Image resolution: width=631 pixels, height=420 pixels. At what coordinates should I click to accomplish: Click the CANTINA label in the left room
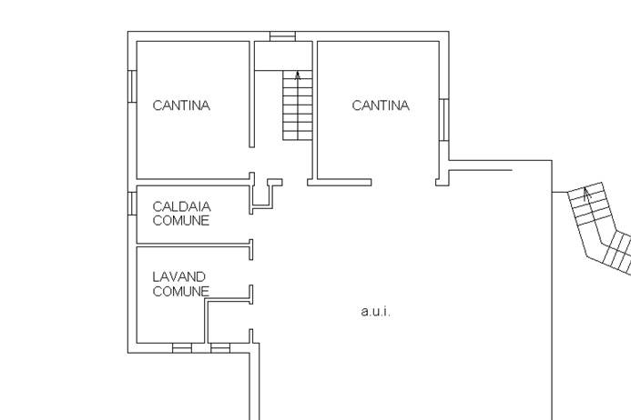click(x=181, y=105)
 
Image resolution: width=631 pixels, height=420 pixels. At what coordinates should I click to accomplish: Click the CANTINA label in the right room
click(x=381, y=105)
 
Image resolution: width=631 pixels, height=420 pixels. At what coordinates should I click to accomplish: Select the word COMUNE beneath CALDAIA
click(x=180, y=220)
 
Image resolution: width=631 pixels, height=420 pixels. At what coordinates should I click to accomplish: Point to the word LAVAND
click(x=178, y=276)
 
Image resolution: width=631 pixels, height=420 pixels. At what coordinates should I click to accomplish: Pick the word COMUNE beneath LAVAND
click(x=180, y=291)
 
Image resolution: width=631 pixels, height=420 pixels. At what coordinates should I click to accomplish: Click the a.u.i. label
click(x=375, y=312)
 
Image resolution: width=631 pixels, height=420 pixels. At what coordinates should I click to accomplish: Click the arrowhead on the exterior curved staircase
click(x=587, y=194)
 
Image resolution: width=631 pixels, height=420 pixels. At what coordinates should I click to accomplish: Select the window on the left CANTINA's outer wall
click(x=132, y=86)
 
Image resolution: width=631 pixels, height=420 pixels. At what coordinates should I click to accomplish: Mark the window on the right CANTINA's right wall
click(x=443, y=119)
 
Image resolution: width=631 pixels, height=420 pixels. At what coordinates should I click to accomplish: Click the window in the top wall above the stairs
click(x=282, y=36)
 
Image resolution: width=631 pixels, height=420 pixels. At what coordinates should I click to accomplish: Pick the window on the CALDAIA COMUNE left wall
click(x=132, y=202)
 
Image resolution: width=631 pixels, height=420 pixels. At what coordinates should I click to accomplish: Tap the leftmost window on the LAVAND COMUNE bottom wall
click(x=182, y=347)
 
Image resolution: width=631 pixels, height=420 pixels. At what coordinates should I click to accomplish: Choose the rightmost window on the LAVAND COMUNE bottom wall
click(x=220, y=347)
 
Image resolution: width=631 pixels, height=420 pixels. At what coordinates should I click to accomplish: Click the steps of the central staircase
click(x=297, y=109)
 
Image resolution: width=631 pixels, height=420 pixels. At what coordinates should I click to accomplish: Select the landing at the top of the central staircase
click(x=282, y=55)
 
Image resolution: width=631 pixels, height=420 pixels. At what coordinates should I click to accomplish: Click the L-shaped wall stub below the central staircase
click(x=265, y=195)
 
